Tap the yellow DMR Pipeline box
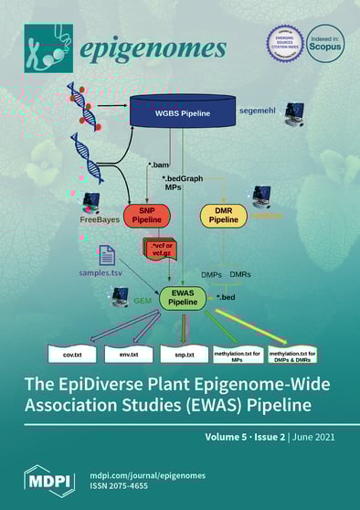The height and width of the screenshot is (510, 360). coord(224,217)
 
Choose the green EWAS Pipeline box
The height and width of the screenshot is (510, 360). coord(183,298)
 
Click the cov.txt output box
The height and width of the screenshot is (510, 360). coord(70,350)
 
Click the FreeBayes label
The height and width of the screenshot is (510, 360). coord(100,220)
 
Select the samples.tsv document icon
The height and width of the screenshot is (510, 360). coord(107,256)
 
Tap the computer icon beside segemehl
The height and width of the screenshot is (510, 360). coord(298,114)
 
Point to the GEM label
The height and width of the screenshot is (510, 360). coord(143,298)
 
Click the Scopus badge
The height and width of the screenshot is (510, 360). coord(324,44)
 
